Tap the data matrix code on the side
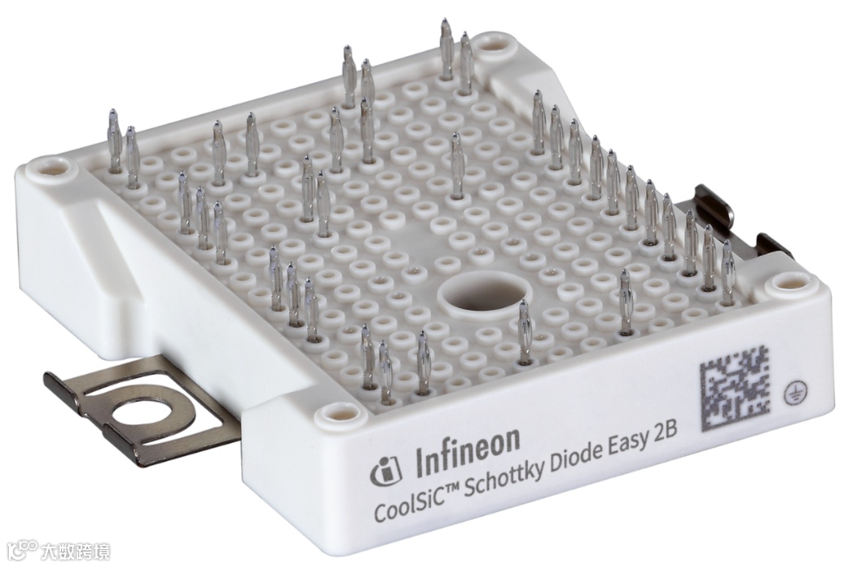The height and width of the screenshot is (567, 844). (736, 389)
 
